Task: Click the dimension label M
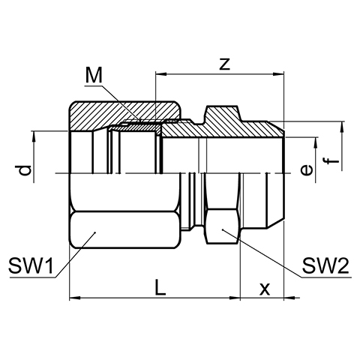point(94,76)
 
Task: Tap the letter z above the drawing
point(224,64)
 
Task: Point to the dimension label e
point(307,170)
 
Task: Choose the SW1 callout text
point(31,265)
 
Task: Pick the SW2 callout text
point(325,265)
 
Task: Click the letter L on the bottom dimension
point(160,287)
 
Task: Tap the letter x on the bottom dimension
point(265,289)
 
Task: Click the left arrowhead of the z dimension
point(161,74)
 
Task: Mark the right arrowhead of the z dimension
point(278,74)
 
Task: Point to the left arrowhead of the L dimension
point(75,298)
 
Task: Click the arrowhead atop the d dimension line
point(34,136)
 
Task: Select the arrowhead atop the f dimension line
point(342,127)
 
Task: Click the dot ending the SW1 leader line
point(95,232)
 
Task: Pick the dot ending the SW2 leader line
point(222,229)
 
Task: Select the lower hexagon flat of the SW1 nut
point(124,229)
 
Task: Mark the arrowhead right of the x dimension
point(289,298)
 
